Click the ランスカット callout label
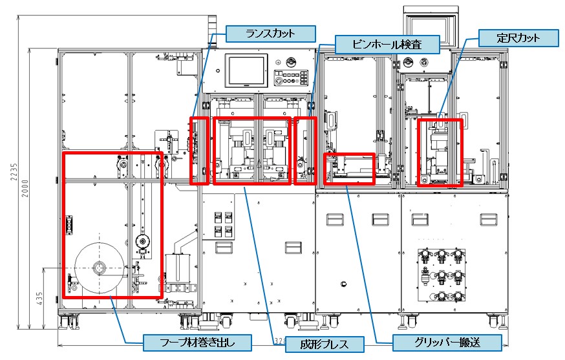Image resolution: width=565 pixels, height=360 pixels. [270, 34]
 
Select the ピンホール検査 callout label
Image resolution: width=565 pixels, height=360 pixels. [387, 45]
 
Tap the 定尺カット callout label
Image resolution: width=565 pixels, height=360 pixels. [518, 37]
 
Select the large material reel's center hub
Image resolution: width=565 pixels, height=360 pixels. [99, 267]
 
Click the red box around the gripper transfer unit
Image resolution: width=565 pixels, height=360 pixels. [349, 168]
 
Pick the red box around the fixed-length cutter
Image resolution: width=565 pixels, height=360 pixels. [440, 153]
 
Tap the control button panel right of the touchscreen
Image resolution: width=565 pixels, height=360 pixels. [290, 74]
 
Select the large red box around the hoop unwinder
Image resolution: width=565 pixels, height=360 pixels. [112, 224]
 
